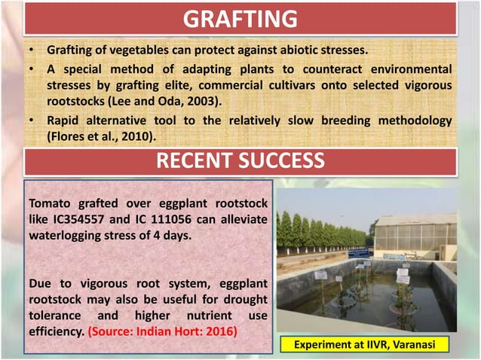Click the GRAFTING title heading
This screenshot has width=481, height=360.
[240, 18]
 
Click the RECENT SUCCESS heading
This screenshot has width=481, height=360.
[240, 161]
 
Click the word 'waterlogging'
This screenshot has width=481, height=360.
[65, 233]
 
